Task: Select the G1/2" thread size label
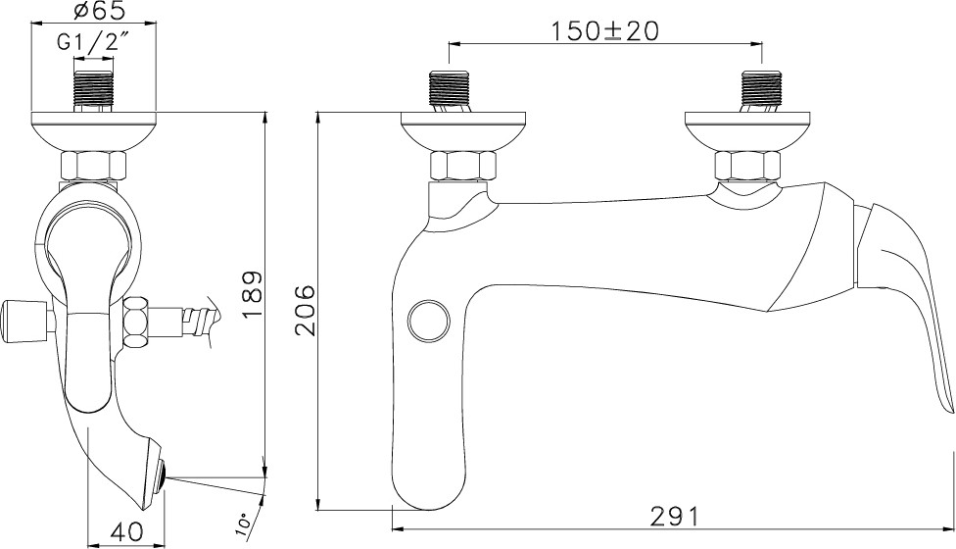(94, 43)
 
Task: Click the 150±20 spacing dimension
(605, 31)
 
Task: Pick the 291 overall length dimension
(673, 517)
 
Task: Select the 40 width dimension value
(126, 531)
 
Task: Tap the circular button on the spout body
(429, 320)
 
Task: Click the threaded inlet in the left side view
(94, 91)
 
